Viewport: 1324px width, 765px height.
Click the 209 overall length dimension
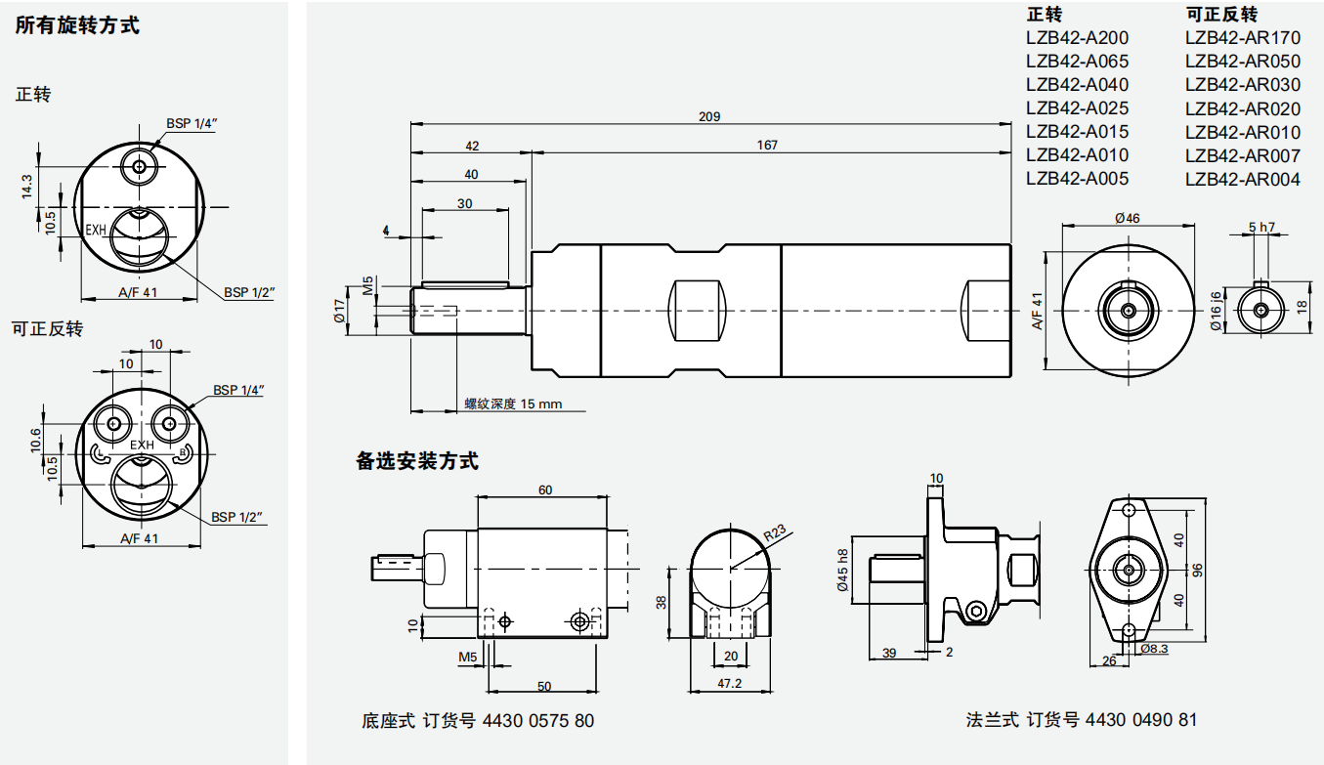point(709,116)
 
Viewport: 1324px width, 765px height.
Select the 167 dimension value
point(767,145)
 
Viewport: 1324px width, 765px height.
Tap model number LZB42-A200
point(1077,38)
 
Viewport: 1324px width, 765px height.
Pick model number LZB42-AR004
point(1243,180)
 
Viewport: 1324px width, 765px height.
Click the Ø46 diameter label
point(1127,218)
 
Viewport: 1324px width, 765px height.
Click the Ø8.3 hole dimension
point(1153,648)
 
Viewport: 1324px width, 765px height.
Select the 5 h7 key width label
point(1261,227)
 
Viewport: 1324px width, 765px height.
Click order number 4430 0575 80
point(540,721)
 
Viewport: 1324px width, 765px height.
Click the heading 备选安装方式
point(417,461)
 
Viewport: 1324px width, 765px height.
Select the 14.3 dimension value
point(27,186)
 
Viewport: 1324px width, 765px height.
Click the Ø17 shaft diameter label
point(338,312)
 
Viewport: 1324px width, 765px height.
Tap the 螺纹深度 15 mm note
point(513,404)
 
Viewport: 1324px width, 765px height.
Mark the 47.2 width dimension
point(730,683)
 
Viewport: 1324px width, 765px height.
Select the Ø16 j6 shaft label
point(1216,312)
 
